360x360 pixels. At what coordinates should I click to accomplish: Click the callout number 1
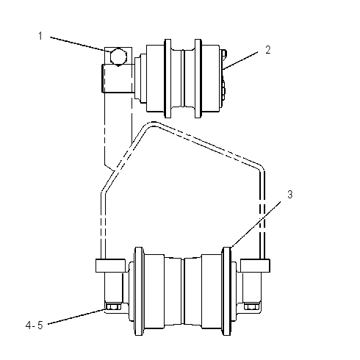click(x=40, y=36)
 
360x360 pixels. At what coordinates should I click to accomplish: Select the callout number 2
click(x=268, y=50)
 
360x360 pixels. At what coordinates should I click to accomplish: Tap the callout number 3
click(x=290, y=195)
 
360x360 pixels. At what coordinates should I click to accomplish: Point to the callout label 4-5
click(x=35, y=325)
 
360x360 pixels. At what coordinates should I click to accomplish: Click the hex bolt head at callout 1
click(x=118, y=57)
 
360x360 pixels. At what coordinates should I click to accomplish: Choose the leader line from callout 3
click(x=256, y=224)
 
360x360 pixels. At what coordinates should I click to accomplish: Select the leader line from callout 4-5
click(x=76, y=317)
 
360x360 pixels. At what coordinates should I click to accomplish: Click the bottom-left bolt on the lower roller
click(x=113, y=306)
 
